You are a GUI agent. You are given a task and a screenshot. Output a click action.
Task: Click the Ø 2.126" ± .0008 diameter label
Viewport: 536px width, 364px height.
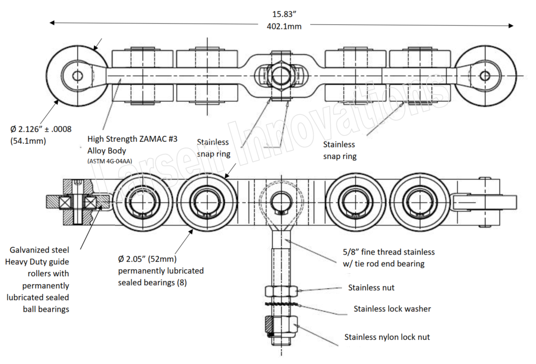pos(42,130)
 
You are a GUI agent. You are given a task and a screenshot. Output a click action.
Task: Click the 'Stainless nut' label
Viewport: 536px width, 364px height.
pos(371,287)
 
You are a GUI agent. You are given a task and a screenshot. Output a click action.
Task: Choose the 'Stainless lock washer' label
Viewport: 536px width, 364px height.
pos(392,309)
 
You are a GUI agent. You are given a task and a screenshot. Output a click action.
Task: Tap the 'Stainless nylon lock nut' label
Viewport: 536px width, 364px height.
pos(387,337)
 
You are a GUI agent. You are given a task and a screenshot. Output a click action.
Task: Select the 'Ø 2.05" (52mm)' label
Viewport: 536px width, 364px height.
pos(148,259)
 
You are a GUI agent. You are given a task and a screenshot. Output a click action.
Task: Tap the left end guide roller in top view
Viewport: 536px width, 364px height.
pos(78,76)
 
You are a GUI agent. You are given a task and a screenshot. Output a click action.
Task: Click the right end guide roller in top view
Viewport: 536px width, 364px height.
pos(485,76)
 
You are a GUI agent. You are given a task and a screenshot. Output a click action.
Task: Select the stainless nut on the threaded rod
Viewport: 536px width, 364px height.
pos(281,290)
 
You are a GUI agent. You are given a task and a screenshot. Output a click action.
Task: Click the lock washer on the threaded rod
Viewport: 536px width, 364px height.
pos(281,305)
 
